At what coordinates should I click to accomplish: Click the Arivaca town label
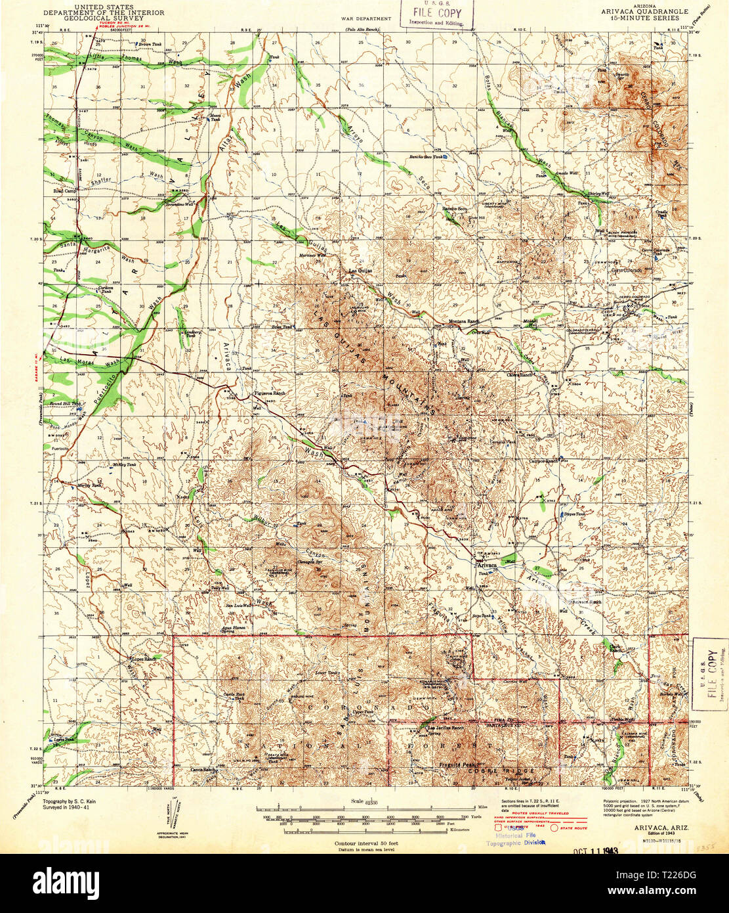coord(487,564)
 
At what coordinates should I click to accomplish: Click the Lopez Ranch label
coord(144,658)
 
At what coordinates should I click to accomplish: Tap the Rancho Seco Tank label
coord(427,157)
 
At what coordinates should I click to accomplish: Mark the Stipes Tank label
coord(574,514)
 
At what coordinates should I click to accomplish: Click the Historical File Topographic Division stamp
coord(516,838)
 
